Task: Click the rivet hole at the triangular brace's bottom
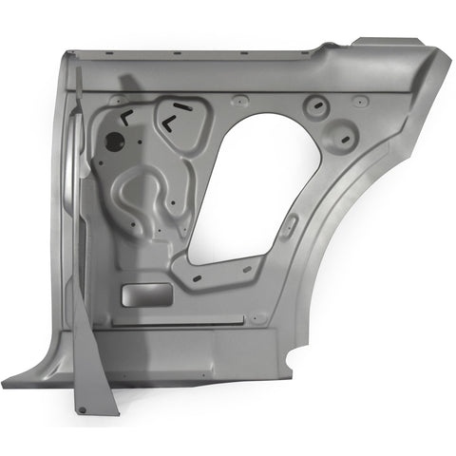[82, 409]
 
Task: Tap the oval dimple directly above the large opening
[239, 99]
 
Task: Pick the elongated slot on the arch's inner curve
[292, 224]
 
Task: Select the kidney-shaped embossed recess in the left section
[142, 195]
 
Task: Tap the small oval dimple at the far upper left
[117, 100]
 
